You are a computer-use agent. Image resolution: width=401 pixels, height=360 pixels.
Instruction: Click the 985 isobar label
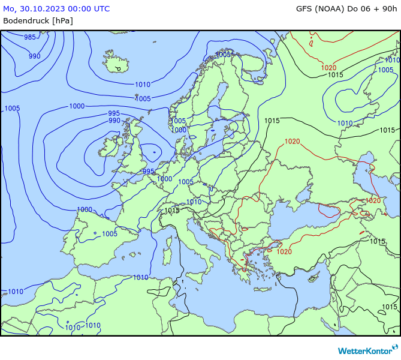30,37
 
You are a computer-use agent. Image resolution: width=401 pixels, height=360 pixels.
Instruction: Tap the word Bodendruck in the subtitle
26,20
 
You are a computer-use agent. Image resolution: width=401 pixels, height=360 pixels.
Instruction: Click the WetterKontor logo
367,350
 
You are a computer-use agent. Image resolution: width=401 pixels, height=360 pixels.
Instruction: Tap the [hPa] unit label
62,20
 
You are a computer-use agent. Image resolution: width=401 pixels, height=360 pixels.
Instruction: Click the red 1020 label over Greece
284,251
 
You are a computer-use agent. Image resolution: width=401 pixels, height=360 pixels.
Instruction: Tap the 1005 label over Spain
109,234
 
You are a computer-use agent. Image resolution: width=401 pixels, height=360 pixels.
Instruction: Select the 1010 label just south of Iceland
143,85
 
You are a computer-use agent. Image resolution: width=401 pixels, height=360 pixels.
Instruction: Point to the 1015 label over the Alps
172,211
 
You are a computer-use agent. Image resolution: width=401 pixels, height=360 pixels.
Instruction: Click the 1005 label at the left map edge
12,109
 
